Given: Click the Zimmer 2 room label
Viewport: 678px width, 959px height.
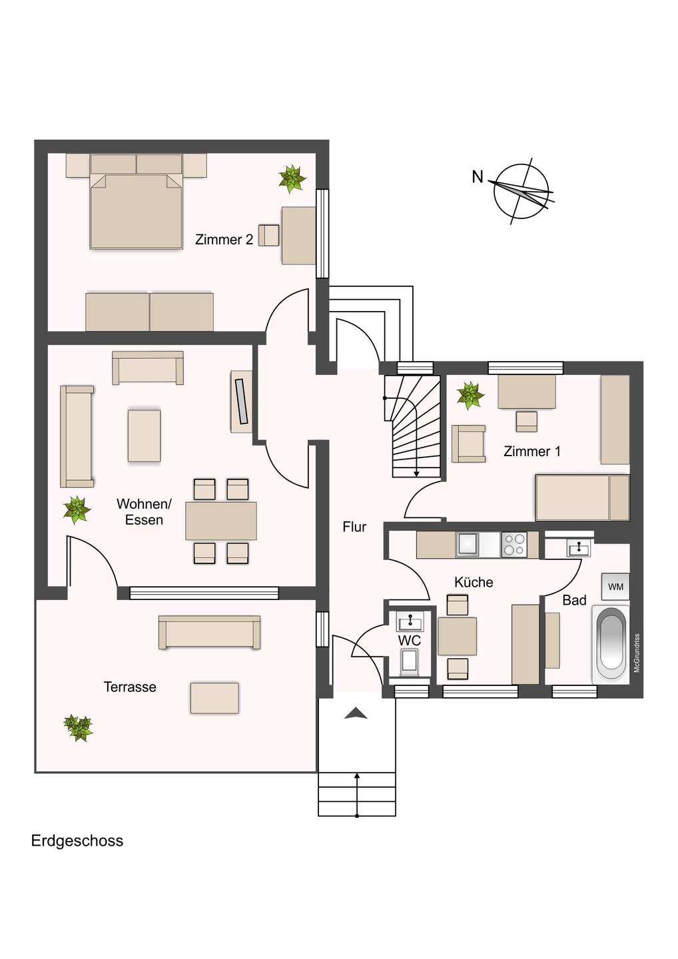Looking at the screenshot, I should [x=224, y=240].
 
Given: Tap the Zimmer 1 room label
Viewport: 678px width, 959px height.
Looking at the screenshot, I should [x=531, y=452].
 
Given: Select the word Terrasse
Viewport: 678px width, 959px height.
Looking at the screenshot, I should [x=130, y=687].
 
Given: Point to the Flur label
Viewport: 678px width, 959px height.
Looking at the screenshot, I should [x=354, y=527].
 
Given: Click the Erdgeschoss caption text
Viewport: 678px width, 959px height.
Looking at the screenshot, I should [x=77, y=841].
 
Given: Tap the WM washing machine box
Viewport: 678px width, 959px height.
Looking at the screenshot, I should [x=615, y=587].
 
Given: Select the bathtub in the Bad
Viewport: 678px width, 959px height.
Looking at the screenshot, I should [x=611, y=644].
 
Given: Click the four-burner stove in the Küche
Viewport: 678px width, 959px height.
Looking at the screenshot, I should [x=514, y=544].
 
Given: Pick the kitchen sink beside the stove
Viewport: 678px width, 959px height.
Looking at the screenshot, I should [x=468, y=544].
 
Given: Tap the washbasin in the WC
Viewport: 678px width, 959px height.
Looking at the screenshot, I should [x=410, y=622].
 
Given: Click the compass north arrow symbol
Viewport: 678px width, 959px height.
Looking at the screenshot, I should [x=521, y=191].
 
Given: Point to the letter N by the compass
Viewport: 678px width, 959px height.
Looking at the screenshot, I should [x=478, y=177].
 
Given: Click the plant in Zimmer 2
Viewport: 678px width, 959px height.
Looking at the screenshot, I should [x=292, y=178].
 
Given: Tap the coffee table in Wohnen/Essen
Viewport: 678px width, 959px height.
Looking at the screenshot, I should [x=145, y=436].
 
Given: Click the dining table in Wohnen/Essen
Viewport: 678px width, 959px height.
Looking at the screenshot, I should [x=221, y=521].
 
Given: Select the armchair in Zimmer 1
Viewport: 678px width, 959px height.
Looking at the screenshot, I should [x=469, y=444].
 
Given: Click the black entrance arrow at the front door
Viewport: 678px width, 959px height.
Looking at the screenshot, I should [x=356, y=714].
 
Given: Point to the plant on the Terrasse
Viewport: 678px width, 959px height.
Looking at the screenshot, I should [x=79, y=727].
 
